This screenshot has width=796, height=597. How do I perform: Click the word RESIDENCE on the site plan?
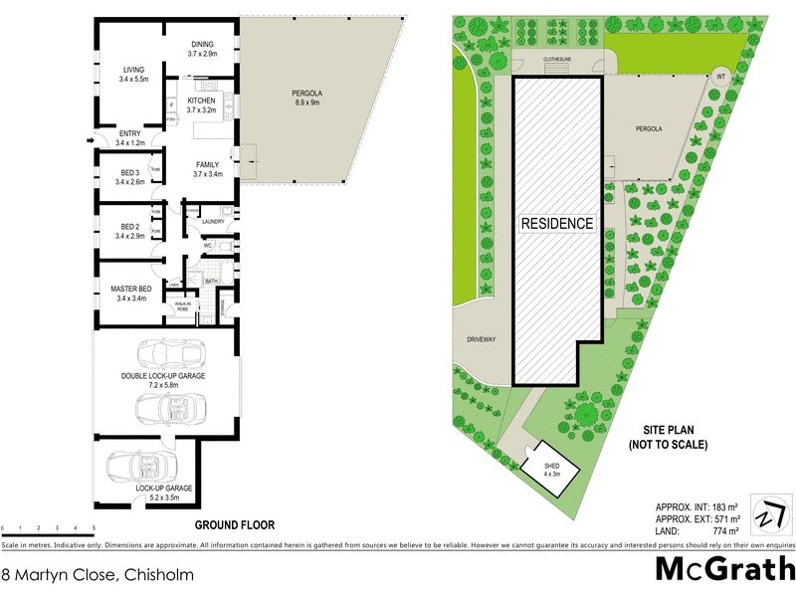(558, 224)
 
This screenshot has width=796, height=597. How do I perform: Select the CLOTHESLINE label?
(557, 60)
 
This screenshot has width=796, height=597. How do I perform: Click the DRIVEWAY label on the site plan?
(481, 339)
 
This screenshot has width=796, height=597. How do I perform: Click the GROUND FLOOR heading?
(234, 524)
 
